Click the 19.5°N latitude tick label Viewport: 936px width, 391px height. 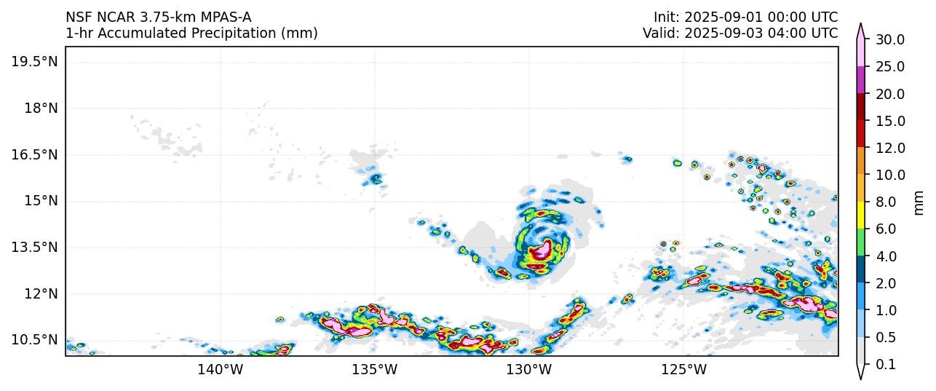point(33,62)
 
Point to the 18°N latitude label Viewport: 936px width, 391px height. point(40,108)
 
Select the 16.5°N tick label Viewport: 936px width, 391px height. point(33,154)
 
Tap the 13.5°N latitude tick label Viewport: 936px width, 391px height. point(33,248)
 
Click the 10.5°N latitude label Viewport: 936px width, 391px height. point(33,340)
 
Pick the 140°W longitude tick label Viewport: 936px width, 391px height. point(220,370)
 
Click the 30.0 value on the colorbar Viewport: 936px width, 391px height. point(889,40)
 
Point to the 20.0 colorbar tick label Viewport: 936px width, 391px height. point(889,94)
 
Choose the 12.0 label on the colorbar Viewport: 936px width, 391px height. point(889,149)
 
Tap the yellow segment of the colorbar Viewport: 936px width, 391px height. point(861,216)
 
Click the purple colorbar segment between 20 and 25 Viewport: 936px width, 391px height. point(861,80)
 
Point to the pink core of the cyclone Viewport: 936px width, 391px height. point(540,253)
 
